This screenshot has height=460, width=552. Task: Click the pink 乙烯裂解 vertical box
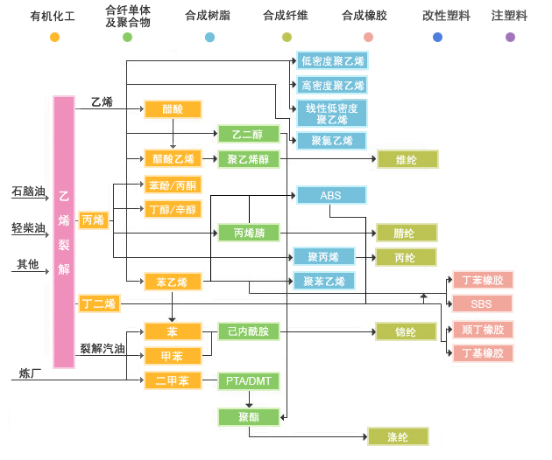point(63,232)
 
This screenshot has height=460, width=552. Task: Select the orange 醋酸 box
point(173,109)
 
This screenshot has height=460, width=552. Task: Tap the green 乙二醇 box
point(248,134)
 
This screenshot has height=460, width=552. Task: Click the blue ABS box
point(330,195)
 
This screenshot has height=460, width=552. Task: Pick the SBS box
point(481,303)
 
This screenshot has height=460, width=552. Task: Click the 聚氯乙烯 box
point(331,140)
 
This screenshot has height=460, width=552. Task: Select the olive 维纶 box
point(405,159)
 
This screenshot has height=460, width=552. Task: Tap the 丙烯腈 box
point(248,233)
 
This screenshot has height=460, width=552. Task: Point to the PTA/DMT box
point(248,380)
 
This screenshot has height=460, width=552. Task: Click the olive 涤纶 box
point(398,436)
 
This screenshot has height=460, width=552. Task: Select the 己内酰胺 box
point(248,331)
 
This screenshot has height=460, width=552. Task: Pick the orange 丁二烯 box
point(99,303)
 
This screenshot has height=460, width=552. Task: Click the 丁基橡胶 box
point(481,353)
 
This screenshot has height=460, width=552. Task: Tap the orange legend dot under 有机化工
point(54,37)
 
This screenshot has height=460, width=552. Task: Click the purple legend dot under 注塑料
point(510,37)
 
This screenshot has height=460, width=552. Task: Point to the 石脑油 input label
point(28,191)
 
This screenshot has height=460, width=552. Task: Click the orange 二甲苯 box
point(173,380)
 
